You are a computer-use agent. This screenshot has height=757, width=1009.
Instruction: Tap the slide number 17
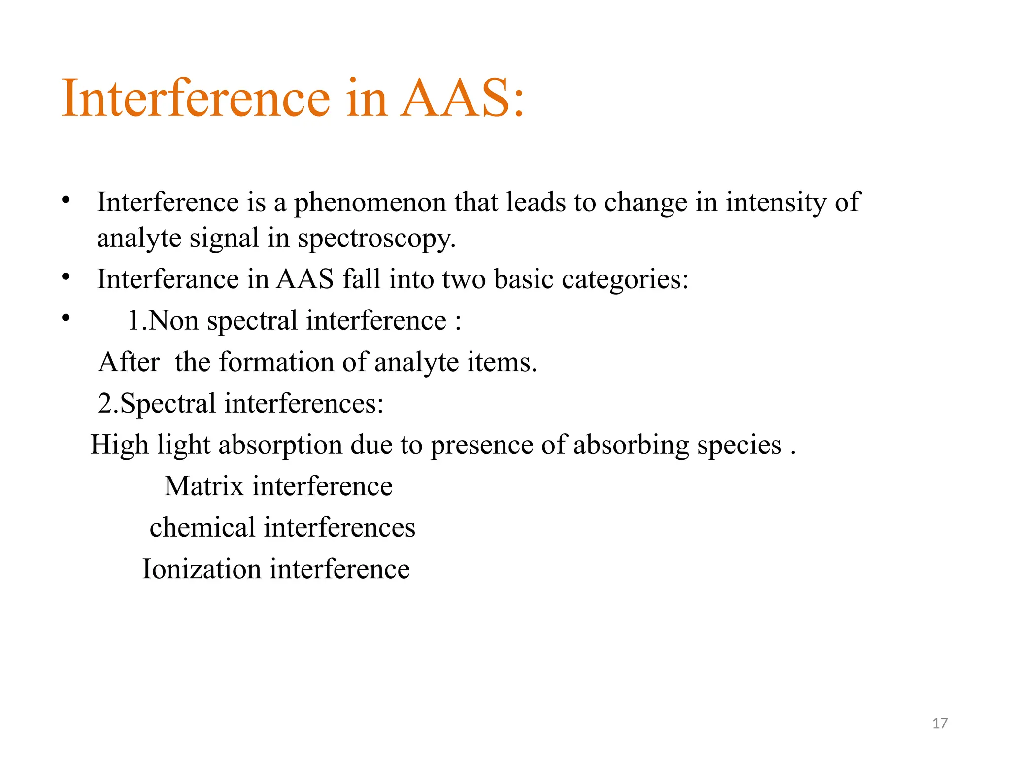click(x=940, y=723)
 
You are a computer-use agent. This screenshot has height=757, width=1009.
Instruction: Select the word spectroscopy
click(x=376, y=239)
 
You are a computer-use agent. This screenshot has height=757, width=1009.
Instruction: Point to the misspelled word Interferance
click(x=168, y=279)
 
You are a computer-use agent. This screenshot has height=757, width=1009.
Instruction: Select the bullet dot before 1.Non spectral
click(x=66, y=318)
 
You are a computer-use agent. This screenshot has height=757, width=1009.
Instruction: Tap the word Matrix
click(x=204, y=486)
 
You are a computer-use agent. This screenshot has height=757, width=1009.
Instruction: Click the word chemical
click(x=202, y=527)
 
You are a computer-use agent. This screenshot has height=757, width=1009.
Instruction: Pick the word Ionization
click(x=202, y=569)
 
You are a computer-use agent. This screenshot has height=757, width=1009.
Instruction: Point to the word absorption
click(x=280, y=446)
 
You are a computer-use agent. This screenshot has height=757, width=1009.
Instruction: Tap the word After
click(x=129, y=362)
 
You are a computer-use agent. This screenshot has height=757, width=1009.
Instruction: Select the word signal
click(x=224, y=239)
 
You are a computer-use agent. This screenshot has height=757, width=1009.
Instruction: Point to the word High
click(x=119, y=446)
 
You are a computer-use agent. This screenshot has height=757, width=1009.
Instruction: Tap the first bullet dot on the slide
click(x=66, y=200)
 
